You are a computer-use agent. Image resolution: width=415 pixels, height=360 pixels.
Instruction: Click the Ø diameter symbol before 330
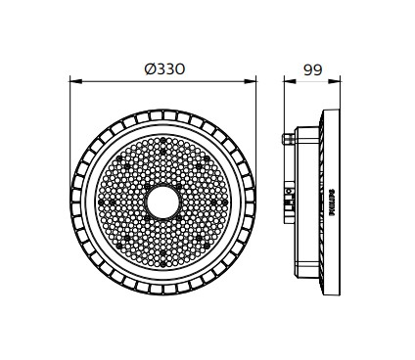point(150,69)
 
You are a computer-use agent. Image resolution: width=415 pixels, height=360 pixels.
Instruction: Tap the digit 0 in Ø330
point(179,69)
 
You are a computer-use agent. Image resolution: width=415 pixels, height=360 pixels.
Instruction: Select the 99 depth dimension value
point(313,69)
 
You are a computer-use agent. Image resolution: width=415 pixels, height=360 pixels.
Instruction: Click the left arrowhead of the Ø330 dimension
point(76,81)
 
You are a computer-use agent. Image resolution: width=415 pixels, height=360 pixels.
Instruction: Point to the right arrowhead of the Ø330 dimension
point(250,81)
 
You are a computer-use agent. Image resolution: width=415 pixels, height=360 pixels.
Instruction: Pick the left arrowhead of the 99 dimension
point(290,81)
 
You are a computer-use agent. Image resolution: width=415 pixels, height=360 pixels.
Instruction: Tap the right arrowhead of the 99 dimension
point(334,81)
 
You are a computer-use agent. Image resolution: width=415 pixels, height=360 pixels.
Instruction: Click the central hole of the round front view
point(162,202)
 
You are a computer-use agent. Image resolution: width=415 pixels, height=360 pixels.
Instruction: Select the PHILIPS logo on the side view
point(332,202)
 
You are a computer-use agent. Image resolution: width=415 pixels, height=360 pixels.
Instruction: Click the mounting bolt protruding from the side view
point(288,138)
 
